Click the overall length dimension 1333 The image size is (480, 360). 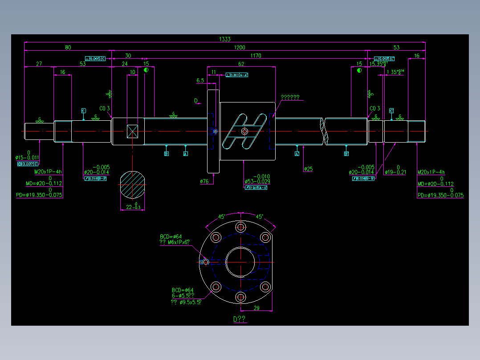click(x=224, y=40)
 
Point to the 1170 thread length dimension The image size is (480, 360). click(x=256, y=56)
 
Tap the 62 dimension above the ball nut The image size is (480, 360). click(x=241, y=64)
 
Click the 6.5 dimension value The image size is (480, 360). click(x=200, y=81)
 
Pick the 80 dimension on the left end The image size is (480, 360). click(x=68, y=48)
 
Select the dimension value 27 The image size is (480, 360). click(x=39, y=64)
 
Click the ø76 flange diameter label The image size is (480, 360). click(x=204, y=181)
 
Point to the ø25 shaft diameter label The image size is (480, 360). click(x=308, y=169)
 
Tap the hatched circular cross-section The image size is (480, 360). click(x=133, y=184)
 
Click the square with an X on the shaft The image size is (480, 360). click(x=133, y=131)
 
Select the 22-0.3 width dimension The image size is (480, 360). click(x=133, y=207)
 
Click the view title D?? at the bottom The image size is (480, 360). click(x=240, y=319)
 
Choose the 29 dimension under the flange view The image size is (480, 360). click(x=256, y=308)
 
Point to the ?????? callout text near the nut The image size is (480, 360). click(x=290, y=97)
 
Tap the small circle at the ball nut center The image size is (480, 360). click(x=244, y=131)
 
